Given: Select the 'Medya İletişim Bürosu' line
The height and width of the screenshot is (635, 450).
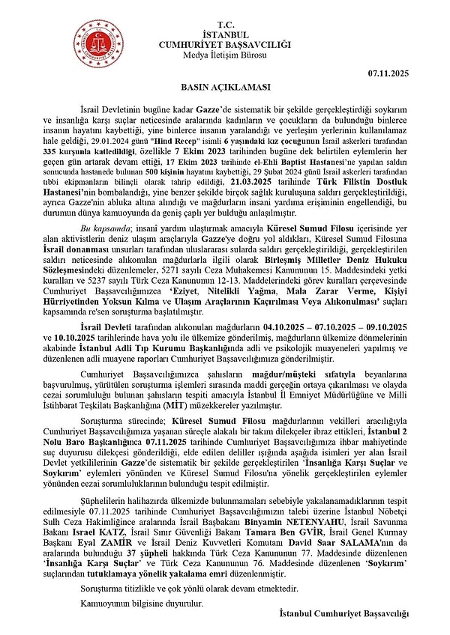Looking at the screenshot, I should (225, 55).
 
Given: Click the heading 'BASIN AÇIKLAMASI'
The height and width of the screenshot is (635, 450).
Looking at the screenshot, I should (225, 88).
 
